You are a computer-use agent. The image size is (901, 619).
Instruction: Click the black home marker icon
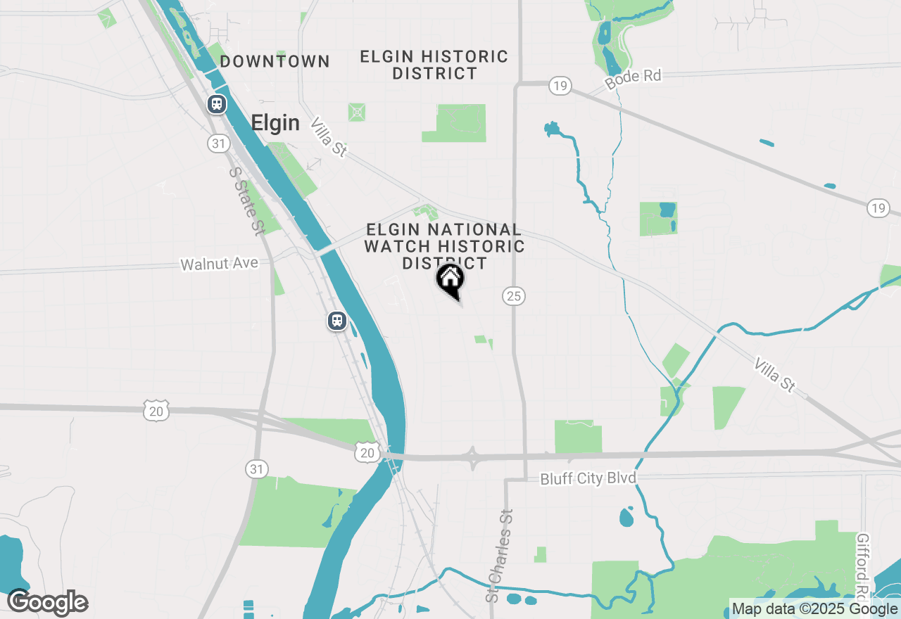coord(450,281)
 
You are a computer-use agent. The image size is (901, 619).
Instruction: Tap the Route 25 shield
coord(514,296)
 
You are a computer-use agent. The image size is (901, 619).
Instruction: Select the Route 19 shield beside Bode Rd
coord(560,87)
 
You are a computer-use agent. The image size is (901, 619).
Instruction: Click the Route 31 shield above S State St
coord(218,143)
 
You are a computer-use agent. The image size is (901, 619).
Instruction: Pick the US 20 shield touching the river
coord(367,452)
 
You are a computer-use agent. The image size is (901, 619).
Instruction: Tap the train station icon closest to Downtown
coord(216,105)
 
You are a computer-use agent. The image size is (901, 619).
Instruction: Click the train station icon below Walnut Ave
coord(337,321)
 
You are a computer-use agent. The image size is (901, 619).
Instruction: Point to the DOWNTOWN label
coord(275,62)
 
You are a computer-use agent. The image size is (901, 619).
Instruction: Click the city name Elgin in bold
coord(275,124)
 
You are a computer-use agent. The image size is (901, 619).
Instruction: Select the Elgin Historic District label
coord(434,65)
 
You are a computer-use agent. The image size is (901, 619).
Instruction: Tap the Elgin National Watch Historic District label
coord(444,246)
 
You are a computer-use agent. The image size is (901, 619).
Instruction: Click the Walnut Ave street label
coord(220,264)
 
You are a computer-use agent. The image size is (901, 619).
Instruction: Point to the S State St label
coord(246,200)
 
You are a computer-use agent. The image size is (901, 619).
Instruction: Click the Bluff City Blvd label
coord(588,479)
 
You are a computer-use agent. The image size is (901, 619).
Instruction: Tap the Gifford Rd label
coord(865,563)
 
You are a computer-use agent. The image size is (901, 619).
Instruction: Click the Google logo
coord(48,603)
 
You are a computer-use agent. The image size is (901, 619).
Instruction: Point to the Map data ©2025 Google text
coord(814,609)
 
